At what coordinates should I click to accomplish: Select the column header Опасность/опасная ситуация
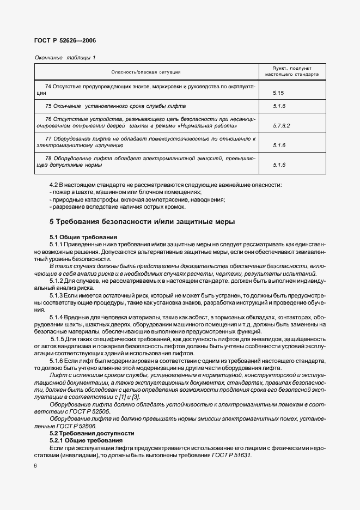coord(145,72)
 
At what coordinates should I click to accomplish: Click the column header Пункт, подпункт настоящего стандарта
coord(291,71)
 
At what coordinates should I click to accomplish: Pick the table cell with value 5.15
coord(279,93)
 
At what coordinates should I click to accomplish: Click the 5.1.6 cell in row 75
coord(279,106)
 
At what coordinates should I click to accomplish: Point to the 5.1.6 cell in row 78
coord(279,165)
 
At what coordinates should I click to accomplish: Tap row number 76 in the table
coord(48,119)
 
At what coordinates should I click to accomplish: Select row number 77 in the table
coord(48,138)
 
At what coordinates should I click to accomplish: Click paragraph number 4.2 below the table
coord(54,185)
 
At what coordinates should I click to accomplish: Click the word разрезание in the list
coord(66,207)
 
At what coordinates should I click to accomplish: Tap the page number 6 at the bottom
coord(35,465)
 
